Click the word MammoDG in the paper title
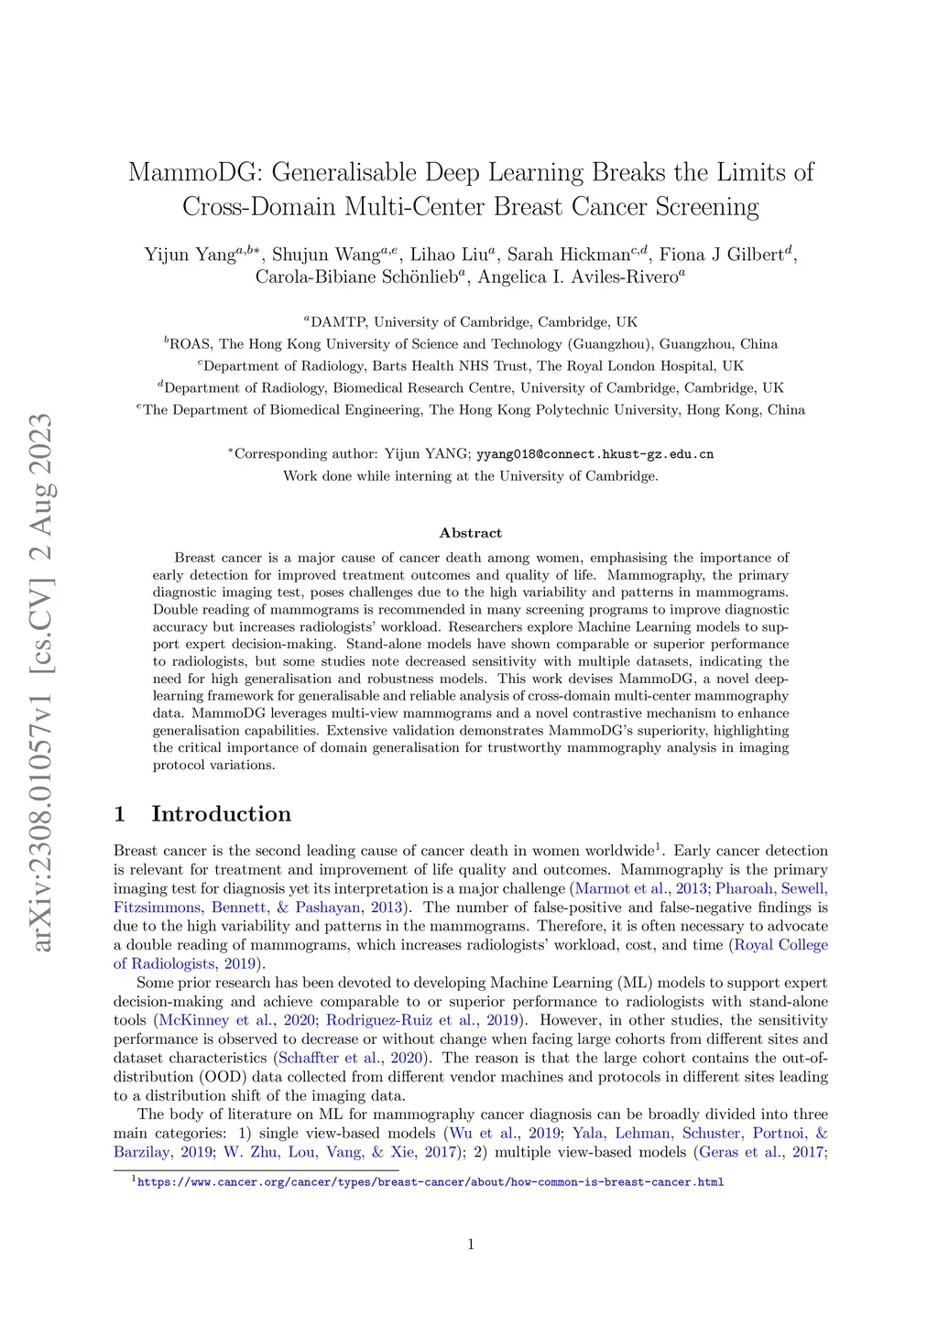[193, 173]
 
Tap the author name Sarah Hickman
[568, 255]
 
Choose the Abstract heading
[471, 533]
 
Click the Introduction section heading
[221, 814]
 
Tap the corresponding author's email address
[594, 454]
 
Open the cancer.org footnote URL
[431, 1182]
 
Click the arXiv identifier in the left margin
[41, 682]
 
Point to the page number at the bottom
[471, 1244]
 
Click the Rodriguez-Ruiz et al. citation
[401, 1020]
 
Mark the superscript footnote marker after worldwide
[658, 848]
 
